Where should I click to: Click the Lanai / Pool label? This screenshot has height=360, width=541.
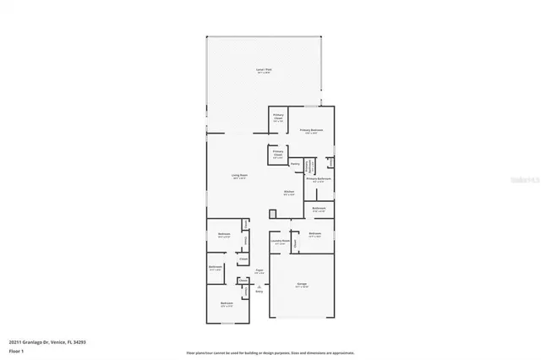(x=264, y=70)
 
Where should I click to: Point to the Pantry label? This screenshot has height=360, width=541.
(x=295, y=164)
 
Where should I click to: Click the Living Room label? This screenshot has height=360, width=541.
(x=239, y=176)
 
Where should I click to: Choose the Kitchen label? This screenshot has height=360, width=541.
(x=288, y=193)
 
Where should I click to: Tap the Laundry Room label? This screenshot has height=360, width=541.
(x=280, y=241)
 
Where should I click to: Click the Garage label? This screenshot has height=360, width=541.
(x=301, y=285)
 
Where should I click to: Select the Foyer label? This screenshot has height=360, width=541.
(x=260, y=271)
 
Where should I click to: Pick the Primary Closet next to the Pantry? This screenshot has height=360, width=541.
(x=277, y=155)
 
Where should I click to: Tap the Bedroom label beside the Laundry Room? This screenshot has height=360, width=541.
(x=314, y=234)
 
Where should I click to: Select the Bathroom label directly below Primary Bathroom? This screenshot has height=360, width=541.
(x=318, y=209)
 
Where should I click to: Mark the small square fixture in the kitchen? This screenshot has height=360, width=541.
(x=274, y=211)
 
